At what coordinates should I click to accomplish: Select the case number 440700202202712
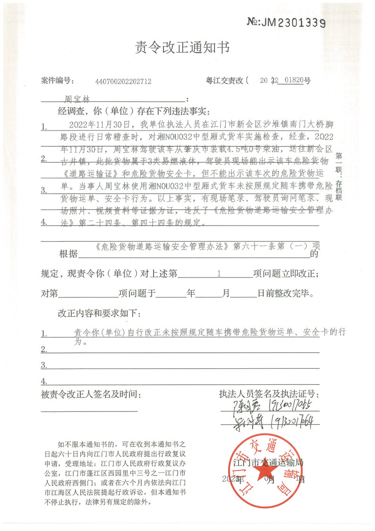[123, 81]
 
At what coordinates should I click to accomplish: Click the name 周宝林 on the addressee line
[77, 100]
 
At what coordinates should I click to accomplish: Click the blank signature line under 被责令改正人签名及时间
[89, 411]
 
